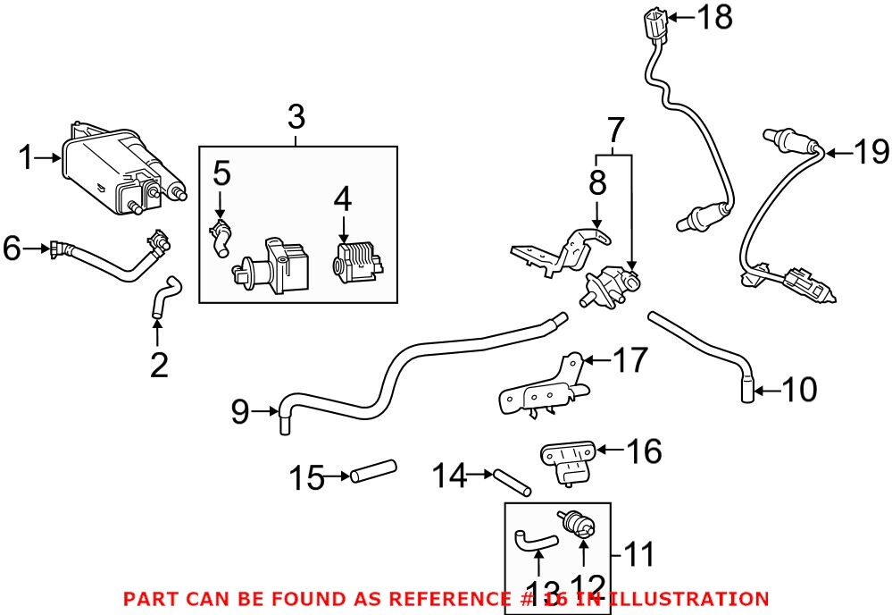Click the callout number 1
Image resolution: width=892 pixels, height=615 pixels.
[27, 159]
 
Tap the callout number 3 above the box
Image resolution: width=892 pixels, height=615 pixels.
[296, 117]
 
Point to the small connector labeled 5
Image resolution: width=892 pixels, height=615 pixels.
[220, 237]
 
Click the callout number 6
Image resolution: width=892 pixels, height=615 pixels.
[13, 248]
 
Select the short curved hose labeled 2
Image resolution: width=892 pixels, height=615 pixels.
[163, 295]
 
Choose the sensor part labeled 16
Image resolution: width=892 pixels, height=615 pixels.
[567, 462]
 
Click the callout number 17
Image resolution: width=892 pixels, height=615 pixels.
[629, 361]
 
